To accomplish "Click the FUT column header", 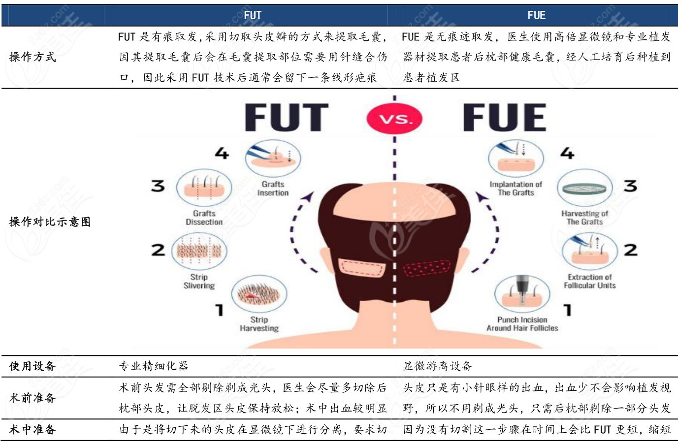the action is coord(253,15).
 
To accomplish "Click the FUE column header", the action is coord(536,15).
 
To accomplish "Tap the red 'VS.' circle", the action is coord(394,119).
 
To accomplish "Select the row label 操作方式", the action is coord(32,57).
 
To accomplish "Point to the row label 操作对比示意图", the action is coord(50,222).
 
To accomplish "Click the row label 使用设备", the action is coord(32,366).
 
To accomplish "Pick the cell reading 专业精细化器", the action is coord(154,366).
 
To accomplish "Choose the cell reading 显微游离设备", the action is coord(437,366).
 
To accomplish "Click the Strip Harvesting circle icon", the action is coord(259,294).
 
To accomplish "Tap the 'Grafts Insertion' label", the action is coord(273,189).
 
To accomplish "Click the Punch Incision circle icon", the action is coord(522,294).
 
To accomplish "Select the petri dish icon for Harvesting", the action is coord(585,188).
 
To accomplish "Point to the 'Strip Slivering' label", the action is coord(199,282).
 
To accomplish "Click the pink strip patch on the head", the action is coord(361,267).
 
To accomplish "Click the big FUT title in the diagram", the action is coord(287,117).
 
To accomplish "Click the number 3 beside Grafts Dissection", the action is coord(158,186).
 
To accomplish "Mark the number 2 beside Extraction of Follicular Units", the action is coord(630,250).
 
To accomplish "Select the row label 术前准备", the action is coord(32,398).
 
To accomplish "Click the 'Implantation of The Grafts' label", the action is coord(516,189).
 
